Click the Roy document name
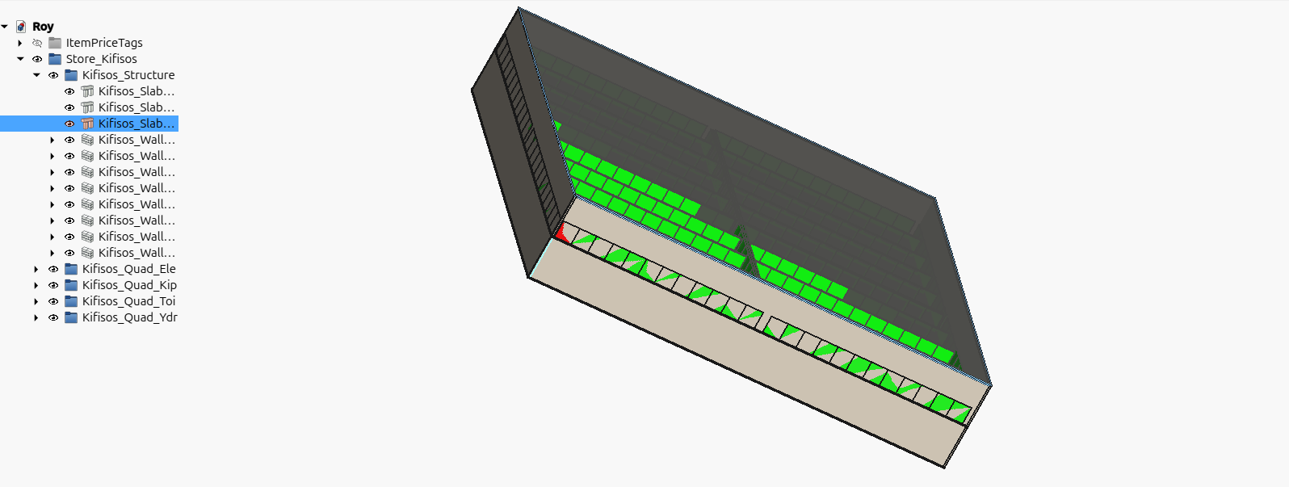click(x=43, y=27)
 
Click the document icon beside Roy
click(x=21, y=27)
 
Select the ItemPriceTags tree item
click(x=104, y=43)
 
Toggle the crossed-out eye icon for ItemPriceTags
click(x=37, y=43)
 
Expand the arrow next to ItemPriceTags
click(x=20, y=43)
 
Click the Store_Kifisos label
click(x=101, y=59)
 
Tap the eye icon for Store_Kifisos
click(x=37, y=59)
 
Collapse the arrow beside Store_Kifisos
click(x=20, y=59)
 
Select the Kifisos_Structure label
click(x=128, y=75)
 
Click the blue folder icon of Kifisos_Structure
click(x=71, y=75)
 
